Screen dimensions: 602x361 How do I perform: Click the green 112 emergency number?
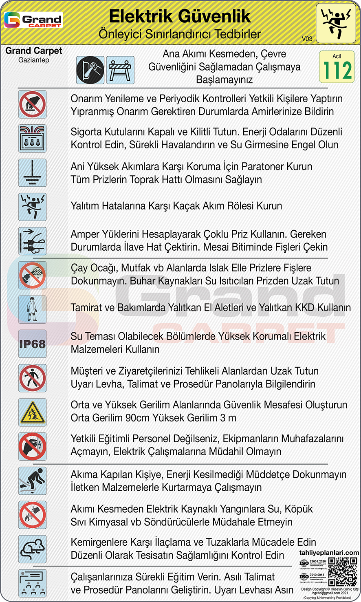coord(337,70)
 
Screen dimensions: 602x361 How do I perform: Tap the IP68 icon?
coord(32,344)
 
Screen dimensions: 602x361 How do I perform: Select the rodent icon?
coord(32,549)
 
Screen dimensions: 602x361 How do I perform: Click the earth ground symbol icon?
coord(32,173)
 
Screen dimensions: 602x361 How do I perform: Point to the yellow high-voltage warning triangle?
coord(32,412)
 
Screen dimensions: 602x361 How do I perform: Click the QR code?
coord(343,571)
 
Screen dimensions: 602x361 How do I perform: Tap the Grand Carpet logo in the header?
coord(33,20)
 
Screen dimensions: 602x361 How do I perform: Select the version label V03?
coord(307,39)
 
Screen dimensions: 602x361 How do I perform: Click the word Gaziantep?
coord(34,60)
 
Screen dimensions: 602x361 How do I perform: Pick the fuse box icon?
coord(32,139)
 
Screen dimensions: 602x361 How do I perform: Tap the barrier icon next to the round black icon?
coord(120,70)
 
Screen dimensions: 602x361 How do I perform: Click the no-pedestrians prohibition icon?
coord(32,378)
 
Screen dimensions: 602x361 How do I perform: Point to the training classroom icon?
coord(32,583)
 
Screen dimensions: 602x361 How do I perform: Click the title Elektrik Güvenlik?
coord(180,16)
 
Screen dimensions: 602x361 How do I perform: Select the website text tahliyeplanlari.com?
coord(329,553)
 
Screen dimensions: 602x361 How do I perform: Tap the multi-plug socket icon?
coord(32,241)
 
